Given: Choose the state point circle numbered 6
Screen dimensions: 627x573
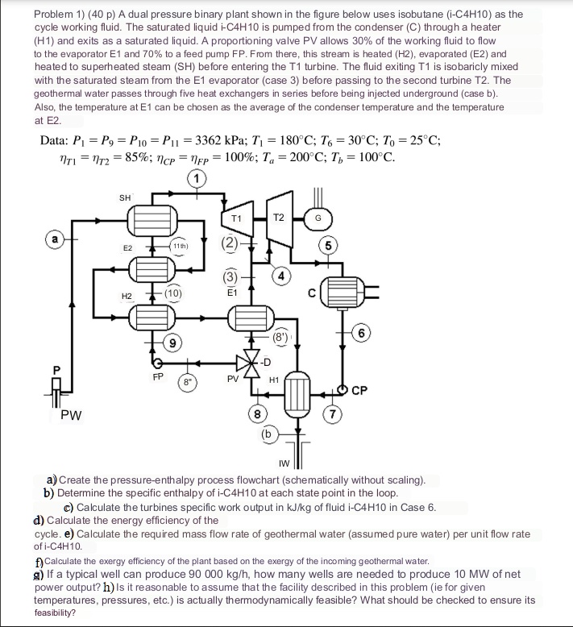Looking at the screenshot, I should pyautogui.click(x=365, y=333).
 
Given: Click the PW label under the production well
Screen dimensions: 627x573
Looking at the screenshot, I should pyautogui.click(x=71, y=415).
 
